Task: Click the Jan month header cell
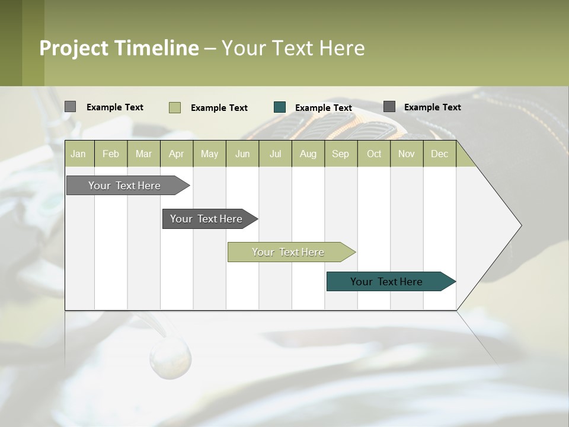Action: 79,154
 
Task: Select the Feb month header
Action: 111,154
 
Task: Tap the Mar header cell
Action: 143,154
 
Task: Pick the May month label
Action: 209,154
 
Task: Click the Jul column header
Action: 275,154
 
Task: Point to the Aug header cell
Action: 308,154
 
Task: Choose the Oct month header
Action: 374,154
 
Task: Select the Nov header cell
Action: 407,154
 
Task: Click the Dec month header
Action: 439,154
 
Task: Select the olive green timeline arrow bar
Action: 289,252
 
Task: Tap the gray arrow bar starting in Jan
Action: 125,186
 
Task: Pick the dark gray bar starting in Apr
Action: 207,219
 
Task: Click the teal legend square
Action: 280,107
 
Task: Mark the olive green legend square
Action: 175,107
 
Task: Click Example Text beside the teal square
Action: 323,108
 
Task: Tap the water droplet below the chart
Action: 170,359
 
